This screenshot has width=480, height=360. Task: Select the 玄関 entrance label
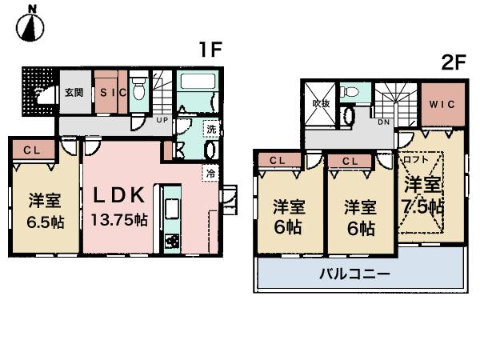tap(74, 92)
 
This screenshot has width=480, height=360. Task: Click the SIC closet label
tap(113, 92)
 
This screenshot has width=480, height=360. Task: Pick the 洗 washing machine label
tap(210, 130)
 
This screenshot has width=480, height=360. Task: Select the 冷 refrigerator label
tap(210, 172)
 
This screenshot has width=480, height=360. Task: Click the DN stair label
tap(385, 122)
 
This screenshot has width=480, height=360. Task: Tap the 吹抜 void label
tap(321, 103)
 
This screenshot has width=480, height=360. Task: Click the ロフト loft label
tap(416, 158)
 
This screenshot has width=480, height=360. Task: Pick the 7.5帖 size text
tap(423, 206)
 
